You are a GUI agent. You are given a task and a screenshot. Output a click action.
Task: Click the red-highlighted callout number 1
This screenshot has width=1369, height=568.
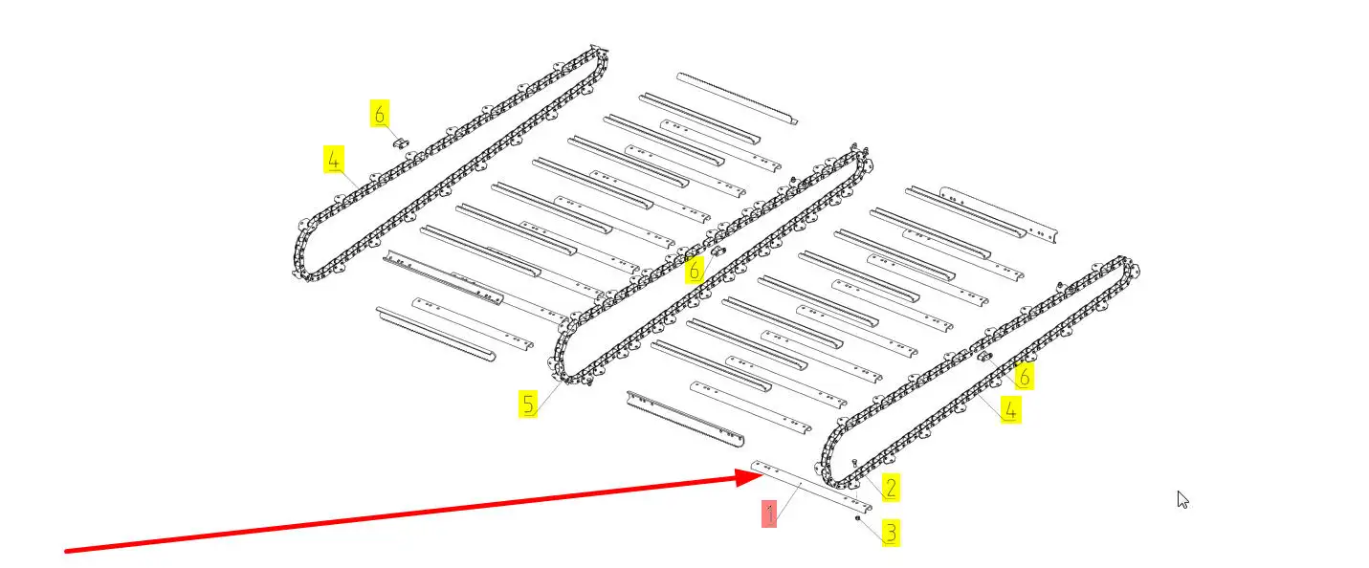pos(770,513)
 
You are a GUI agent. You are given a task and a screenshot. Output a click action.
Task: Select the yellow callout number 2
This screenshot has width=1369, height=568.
pos(890,487)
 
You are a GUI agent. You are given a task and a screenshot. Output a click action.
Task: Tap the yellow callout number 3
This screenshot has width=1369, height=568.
pos(890,532)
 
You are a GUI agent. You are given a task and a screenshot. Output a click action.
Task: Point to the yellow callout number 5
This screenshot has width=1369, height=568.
pos(528,404)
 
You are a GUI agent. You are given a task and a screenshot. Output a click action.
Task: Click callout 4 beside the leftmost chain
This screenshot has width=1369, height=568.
pos(333,160)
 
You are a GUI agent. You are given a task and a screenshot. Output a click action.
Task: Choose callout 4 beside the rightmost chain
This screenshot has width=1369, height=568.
pos(1010,409)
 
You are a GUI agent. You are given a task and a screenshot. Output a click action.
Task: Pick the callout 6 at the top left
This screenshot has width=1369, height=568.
pos(380,114)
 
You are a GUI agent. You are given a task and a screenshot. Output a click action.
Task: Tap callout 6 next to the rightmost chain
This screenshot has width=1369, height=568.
pos(1024,376)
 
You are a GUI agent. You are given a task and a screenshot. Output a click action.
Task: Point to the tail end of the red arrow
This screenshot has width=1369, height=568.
pos(65,551)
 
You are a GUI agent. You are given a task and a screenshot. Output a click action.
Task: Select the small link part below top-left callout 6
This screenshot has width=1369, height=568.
pos(403,143)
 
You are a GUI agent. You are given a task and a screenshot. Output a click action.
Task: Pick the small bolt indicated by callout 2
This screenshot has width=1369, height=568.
pos(854,462)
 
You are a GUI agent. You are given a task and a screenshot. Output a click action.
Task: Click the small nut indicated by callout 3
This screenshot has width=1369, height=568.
pos(858,518)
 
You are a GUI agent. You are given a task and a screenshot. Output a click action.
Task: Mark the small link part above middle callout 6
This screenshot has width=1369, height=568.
pos(718,251)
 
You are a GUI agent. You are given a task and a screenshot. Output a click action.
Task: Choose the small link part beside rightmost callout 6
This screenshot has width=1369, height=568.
pos(985,358)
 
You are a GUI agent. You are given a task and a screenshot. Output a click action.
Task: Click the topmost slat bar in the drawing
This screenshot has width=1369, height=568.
pos(737,98)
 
